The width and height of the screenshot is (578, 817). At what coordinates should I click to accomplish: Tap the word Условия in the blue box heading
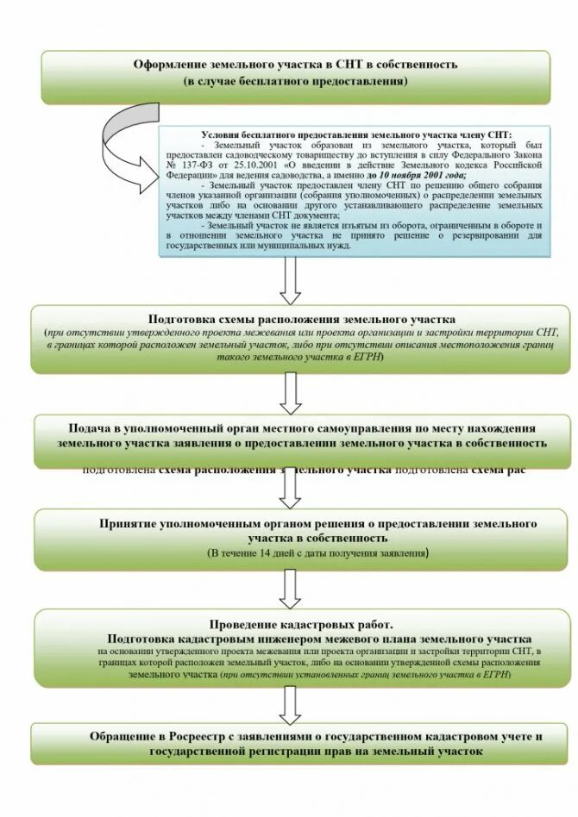click(x=223, y=135)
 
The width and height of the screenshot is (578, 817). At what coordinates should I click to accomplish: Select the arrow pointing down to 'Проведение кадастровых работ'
click(x=291, y=589)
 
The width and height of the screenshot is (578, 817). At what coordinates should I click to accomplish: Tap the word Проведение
click(x=246, y=624)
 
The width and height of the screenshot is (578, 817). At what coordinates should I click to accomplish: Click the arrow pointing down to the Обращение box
click(x=291, y=703)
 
